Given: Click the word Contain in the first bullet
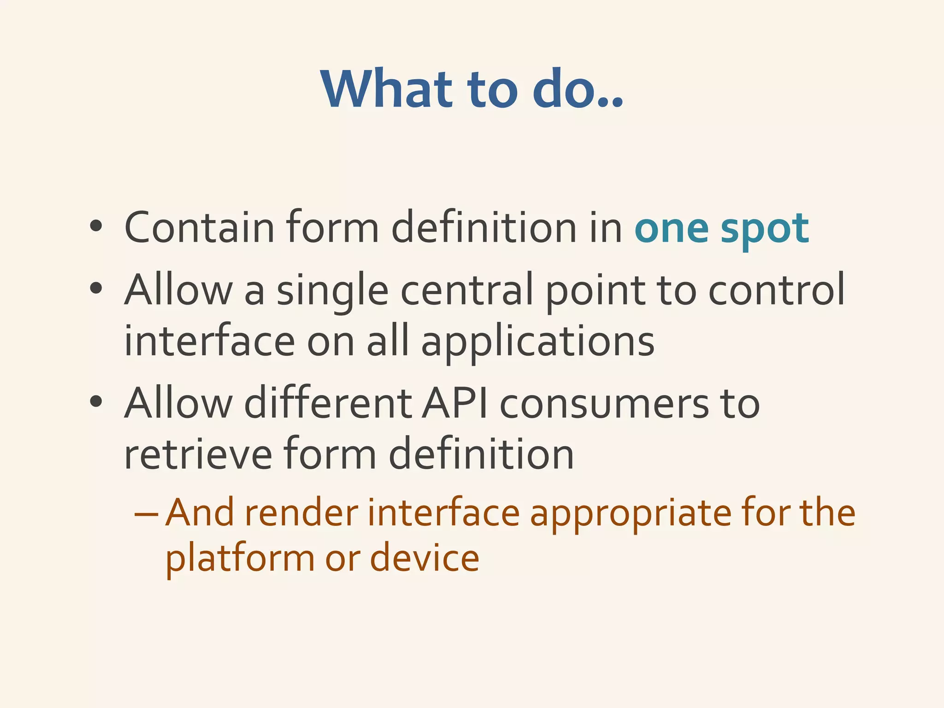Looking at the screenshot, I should pyautogui.click(x=199, y=227).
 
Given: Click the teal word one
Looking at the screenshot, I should pyautogui.click(x=672, y=229).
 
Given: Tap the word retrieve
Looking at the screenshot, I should pyautogui.click(x=198, y=454).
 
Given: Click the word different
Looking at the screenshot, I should pyautogui.click(x=328, y=403).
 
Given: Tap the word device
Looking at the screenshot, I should pyautogui.click(x=425, y=558).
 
